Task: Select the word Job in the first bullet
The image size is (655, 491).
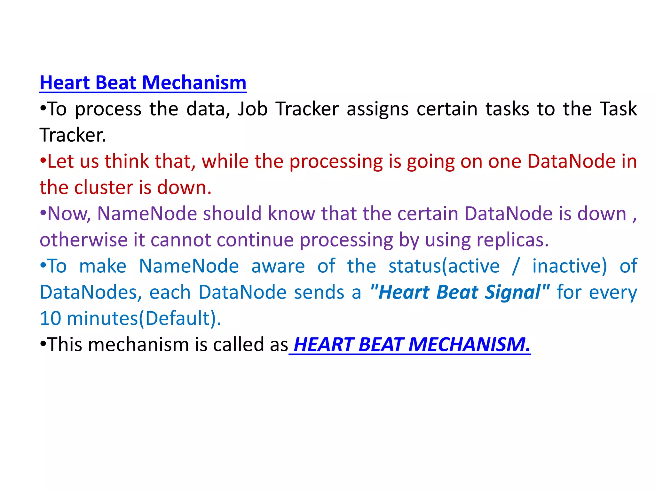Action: [252, 109]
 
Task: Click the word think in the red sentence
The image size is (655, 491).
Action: [127, 161]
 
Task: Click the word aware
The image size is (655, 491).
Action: [278, 266]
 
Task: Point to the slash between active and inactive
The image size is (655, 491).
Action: [515, 266]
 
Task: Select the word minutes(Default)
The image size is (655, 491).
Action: [144, 319]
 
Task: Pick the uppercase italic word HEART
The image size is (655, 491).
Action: [323, 345]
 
